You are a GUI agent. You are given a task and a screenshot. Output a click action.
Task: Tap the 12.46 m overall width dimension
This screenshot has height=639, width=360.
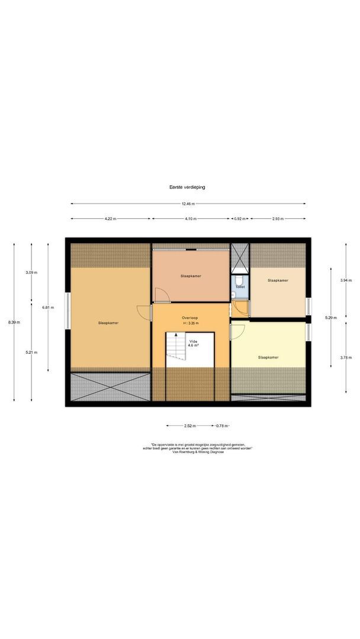pyautogui.click(x=188, y=204)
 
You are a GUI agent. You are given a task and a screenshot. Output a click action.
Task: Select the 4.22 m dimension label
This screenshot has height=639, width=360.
pyautogui.click(x=110, y=219)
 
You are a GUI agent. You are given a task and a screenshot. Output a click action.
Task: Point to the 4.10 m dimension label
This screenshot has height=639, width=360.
pyautogui.click(x=190, y=219)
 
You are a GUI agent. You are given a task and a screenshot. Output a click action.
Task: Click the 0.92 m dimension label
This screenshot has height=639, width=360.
pyautogui.click(x=240, y=219)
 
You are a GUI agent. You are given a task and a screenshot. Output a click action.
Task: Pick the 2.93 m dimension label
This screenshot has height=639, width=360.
pyautogui.click(x=278, y=219)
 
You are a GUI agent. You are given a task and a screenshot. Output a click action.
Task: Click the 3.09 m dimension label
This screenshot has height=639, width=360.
pyautogui.click(x=31, y=272)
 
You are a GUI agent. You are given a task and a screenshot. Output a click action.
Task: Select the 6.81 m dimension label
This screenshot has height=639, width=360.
pyautogui.click(x=47, y=307)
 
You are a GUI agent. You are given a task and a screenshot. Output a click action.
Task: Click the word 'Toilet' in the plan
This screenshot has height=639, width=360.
pyautogui.click(x=240, y=286)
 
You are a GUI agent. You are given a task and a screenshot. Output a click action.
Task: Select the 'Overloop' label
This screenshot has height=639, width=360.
pyautogui.click(x=190, y=318)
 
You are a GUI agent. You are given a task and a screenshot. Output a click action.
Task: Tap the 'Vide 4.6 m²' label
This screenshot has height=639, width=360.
pyautogui.click(x=193, y=344)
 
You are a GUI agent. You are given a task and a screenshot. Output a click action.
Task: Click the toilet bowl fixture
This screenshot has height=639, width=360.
pyautogui.click(x=239, y=279)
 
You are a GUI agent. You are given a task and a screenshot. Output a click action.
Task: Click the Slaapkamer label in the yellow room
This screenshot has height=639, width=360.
pyautogui.click(x=268, y=357)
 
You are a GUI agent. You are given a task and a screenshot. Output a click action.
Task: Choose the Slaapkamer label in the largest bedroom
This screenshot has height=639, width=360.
pyautogui.click(x=109, y=323)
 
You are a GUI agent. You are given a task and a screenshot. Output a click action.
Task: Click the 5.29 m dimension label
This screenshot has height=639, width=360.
pyautogui.click(x=330, y=318)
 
